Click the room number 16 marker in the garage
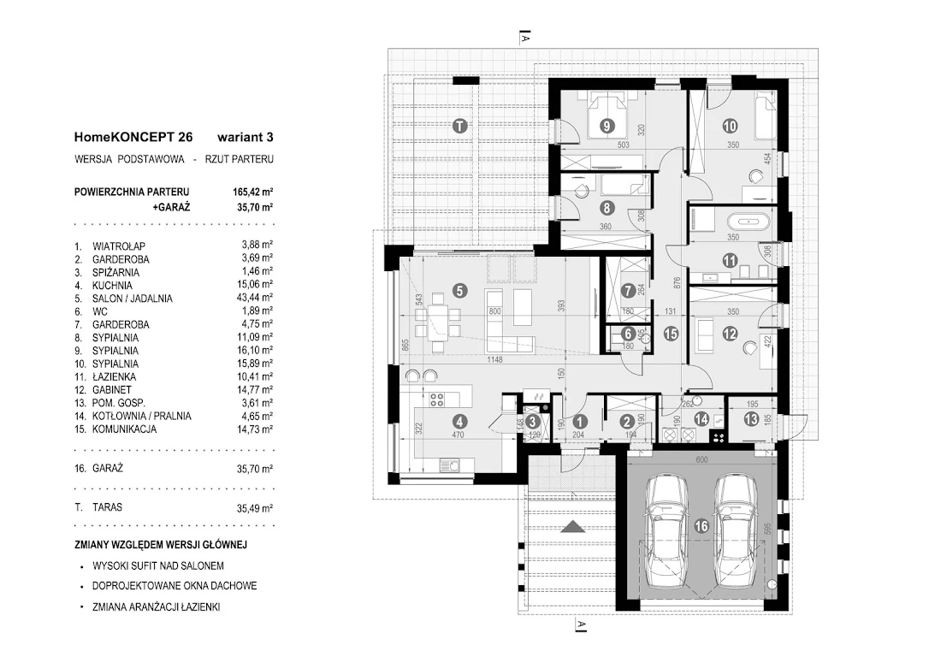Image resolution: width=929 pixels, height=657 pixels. (701, 525)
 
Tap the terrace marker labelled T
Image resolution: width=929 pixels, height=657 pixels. (459, 126)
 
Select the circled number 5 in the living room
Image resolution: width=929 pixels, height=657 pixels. (459, 290)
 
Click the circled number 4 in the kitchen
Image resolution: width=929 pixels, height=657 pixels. (459, 422)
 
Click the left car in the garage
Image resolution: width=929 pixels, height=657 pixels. (667, 530)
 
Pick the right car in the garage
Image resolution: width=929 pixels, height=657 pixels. (736, 530)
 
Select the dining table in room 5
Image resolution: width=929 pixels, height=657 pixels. (439, 321)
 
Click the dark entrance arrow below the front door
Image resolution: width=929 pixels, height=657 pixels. (572, 527)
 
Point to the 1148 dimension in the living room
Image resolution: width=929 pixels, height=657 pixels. (494, 359)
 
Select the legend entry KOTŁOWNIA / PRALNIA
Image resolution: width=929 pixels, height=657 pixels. (142, 416)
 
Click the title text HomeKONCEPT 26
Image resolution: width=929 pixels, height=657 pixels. (133, 137)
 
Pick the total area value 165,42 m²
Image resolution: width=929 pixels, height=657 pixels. (252, 192)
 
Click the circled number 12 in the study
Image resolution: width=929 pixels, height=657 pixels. (730, 334)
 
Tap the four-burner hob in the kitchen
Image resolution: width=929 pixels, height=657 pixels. (437, 400)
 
